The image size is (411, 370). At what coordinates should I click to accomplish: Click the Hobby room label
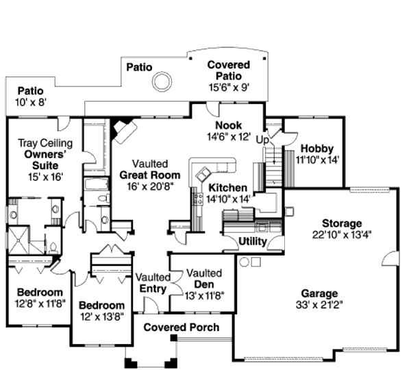click(316, 148)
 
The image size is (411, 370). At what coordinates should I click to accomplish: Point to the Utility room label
click(253, 241)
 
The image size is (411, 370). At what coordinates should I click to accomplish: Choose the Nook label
click(228, 125)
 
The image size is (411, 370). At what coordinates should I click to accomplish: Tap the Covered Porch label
click(182, 328)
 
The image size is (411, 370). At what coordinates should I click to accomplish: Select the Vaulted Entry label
click(152, 283)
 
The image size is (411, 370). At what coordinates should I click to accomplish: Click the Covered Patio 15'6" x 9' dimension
click(229, 87)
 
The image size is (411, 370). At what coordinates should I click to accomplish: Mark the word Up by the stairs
click(262, 139)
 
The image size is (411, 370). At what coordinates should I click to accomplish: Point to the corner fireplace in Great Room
click(123, 130)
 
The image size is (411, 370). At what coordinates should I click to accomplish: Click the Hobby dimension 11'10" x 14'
click(317, 160)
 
